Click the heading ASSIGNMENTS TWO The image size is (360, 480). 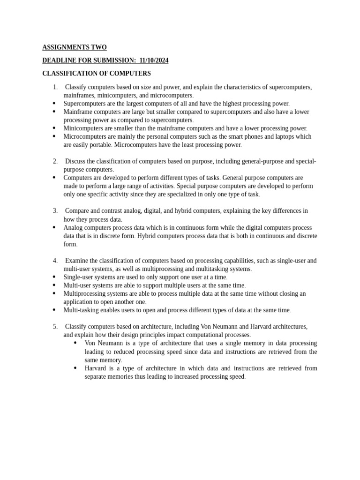click(x=75, y=47)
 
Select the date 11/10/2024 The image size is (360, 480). click(x=154, y=60)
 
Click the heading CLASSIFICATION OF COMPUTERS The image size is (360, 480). click(x=97, y=74)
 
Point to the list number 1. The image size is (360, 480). click(x=55, y=87)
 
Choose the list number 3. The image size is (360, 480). click(x=55, y=211)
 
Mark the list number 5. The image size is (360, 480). click(x=55, y=326)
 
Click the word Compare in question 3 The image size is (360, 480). click(x=77, y=211)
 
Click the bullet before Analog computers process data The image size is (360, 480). click(x=54, y=227)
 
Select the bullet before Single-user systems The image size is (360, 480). click(x=54, y=277)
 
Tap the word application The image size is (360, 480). click(x=79, y=302)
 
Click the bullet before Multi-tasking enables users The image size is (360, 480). click(x=54, y=310)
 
